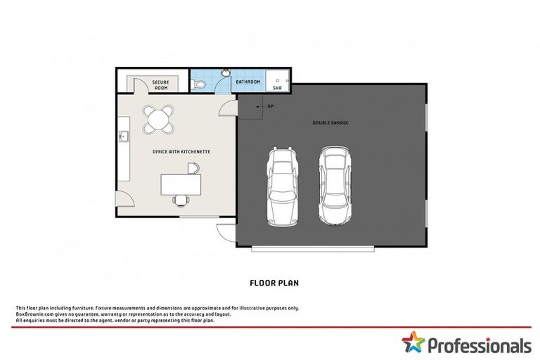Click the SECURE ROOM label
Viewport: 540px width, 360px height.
pos(161,85)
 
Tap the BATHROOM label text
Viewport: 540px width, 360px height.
pos(247,82)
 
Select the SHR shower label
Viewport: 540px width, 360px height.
pos(277,89)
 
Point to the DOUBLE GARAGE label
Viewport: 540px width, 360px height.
pos(330,123)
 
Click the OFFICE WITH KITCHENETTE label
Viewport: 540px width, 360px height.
pos(181,152)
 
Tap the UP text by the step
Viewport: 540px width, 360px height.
pos(271,106)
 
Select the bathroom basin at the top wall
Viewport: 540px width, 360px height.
pos(225,73)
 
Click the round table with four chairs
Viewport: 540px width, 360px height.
pos(159,117)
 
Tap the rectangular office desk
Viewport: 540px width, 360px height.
pos(181,184)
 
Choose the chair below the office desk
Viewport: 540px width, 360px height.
pos(181,200)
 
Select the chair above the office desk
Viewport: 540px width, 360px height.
pos(193,168)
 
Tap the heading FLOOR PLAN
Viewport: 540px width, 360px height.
pos(274,283)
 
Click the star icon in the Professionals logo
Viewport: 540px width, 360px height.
pos(413,344)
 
